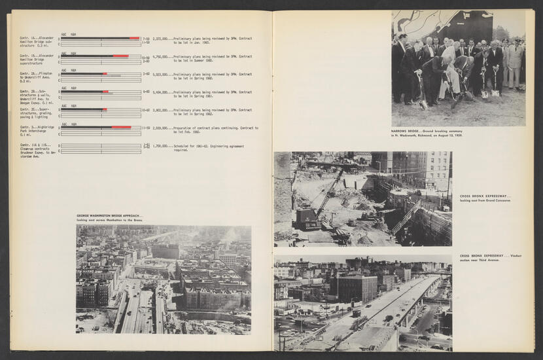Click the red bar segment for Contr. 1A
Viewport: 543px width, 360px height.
tap(134, 39)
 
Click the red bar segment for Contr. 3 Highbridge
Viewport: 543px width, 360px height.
tap(121, 127)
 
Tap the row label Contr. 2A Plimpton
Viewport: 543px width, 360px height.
tap(37, 76)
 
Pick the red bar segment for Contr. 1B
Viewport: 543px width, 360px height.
tap(120, 56)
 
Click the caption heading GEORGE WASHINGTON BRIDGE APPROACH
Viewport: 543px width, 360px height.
tap(109, 216)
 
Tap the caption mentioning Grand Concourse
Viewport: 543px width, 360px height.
tap(485, 198)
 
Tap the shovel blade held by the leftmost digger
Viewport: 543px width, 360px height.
tap(423, 104)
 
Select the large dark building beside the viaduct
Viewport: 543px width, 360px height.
tap(357, 288)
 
